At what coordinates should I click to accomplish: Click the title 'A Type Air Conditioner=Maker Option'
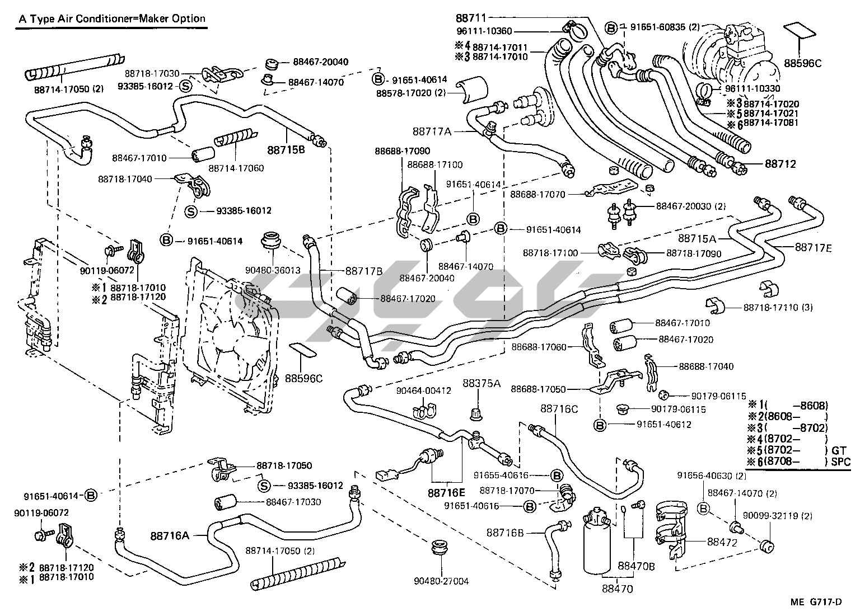click(x=113, y=18)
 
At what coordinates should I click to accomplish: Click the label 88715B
click(x=286, y=149)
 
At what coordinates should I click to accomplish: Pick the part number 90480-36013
click(x=273, y=269)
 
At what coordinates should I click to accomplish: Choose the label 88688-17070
click(x=537, y=194)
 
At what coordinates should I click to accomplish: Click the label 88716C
click(x=559, y=409)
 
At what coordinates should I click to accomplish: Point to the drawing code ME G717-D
click(x=816, y=602)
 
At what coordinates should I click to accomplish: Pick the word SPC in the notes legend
click(x=840, y=462)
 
